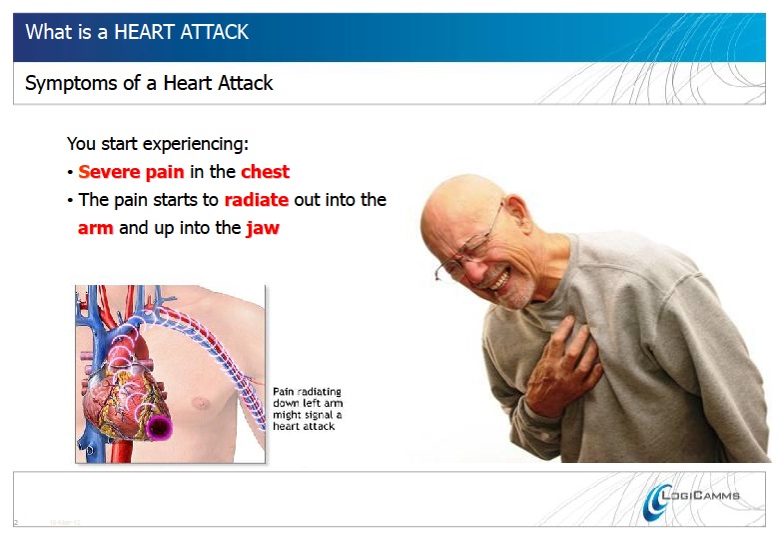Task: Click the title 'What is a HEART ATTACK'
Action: tap(137, 32)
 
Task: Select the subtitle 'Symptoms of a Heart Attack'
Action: tap(149, 83)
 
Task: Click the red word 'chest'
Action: tap(265, 171)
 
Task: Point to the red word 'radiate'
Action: tap(257, 199)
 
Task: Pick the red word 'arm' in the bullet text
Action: tap(95, 228)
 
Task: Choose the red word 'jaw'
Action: tap(262, 228)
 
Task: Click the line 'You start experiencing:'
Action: tap(157, 144)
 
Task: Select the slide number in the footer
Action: tap(17, 522)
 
